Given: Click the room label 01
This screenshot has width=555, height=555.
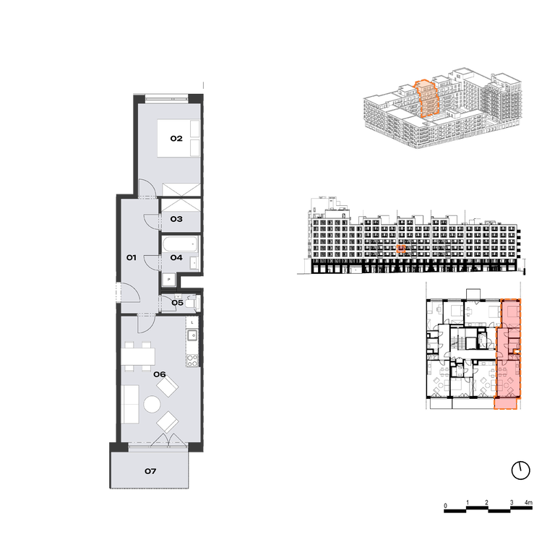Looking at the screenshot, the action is pyautogui.click(x=132, y=257).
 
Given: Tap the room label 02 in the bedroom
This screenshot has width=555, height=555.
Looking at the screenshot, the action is pyautogui.click(x=176, y=138).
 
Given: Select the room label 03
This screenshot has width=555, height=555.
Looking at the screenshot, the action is pyautogui.click(x=176, y=219).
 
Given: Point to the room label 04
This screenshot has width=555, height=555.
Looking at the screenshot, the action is pyautogui.click(x=176, y=257).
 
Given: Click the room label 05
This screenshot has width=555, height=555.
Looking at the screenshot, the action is pyautogui.click(x=177, y=303).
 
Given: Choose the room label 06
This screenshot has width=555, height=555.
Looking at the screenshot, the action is pyautogui.click(x=160, y=374).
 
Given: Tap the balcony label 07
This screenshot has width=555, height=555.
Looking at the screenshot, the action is pyautogui.click(x=150, y=470).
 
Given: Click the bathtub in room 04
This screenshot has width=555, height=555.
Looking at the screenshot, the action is pyautogui.click(x=180, y=244).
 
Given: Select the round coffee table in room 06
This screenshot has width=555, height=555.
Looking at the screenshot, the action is pyautogui.click(x=152, y=404).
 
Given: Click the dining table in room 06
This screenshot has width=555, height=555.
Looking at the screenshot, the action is pyautogui.click(x=138, y=356).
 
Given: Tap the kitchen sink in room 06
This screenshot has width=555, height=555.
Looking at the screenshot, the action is pyautogui.click(x=192, y=335).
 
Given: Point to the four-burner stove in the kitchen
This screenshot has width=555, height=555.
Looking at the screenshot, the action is pyautogui.click(x=192, y=361).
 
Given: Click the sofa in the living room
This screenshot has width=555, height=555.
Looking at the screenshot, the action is pyautogui.click(x=131, y=405).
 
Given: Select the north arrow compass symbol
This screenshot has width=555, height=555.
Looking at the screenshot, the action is pyautogui.click(x=520, y=470).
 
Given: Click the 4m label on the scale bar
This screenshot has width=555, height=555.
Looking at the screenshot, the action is pyautogui.click(x=528, y=502).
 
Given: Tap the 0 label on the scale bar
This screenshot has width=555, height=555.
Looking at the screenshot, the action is pyautogui.click(x=446, y=505).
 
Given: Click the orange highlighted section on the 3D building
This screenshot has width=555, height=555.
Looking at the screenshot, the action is pyautogui.click(x=428, y=99).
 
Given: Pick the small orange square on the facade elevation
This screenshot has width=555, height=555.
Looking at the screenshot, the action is pyautogui.click(x=400, y=249).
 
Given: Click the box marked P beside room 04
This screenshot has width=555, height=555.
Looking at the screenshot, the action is pyautogui.click(x=169, y=280).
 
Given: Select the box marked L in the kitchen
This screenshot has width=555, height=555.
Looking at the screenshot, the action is pyautogui.click(x=192, y=322).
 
